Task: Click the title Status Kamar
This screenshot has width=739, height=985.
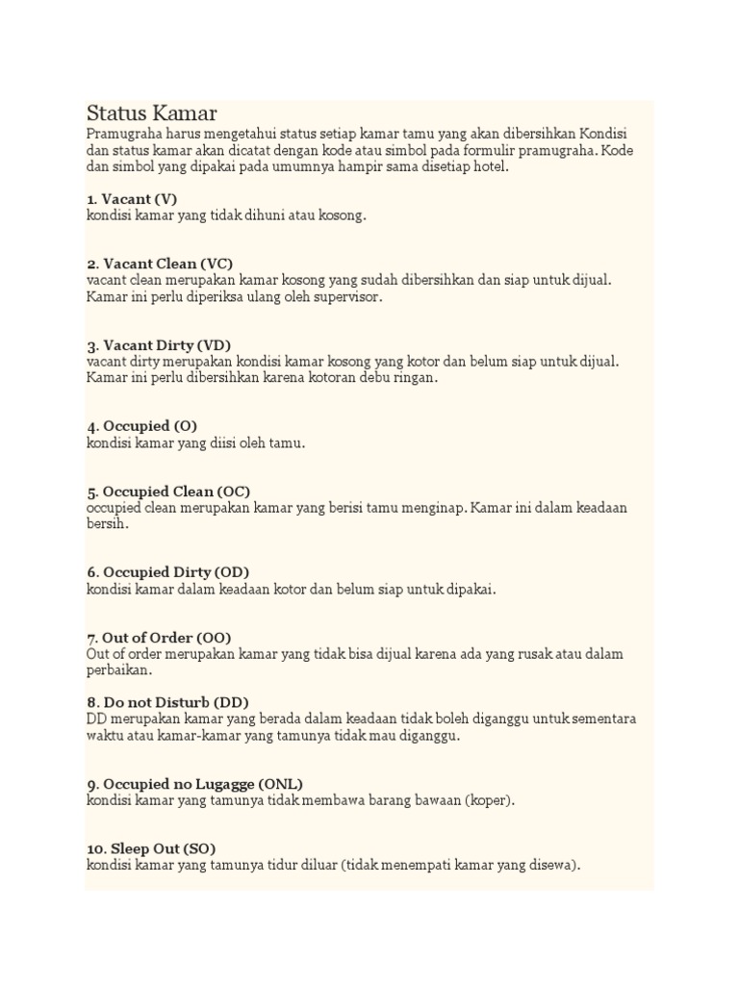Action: (x=151, y=114)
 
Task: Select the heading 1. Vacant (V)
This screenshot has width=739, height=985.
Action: (x=131, y=198)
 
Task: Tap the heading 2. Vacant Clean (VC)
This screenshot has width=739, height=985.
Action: (x=160, y=264)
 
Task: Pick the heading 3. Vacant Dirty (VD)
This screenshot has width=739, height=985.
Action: (x=159, y=344)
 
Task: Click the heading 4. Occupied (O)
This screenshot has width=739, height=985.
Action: (x=141, y=425)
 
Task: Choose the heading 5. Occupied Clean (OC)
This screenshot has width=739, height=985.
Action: (x=168, y=491)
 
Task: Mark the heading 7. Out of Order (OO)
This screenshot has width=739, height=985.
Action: (x=159, y=637)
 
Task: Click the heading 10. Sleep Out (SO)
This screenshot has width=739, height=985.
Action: (x=151, y=848)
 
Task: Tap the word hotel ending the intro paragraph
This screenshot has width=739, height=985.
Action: (x=484, y=166)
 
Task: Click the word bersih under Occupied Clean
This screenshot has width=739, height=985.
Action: (x=106, y=524)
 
